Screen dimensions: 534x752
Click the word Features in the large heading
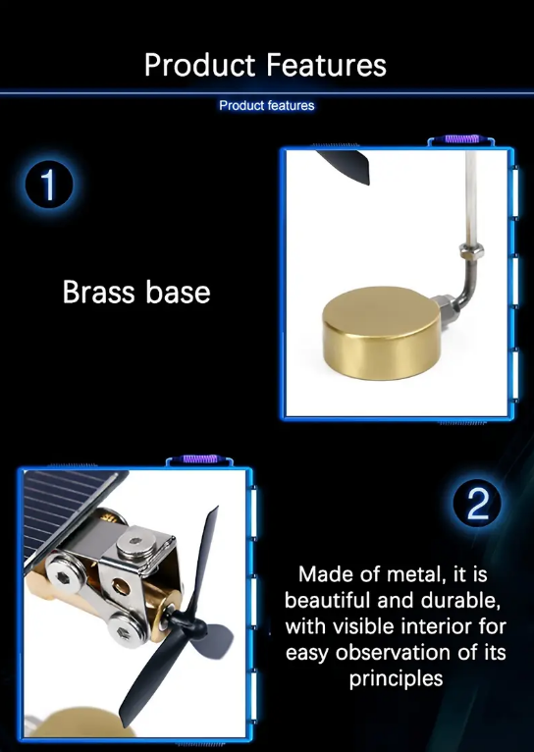(x=326, y=65)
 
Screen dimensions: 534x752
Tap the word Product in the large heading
(x=200, y=65)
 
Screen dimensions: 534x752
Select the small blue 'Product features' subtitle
(x=267, y=105)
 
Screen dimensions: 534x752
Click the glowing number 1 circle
(x=49, y=185)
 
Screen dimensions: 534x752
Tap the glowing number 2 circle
(x=477, y=503)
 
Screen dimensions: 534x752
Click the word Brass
(x=99, y=292)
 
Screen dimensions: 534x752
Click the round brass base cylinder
(x=382, y=333)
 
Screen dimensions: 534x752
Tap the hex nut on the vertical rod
(x=471, y=250)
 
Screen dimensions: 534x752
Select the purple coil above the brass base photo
(x=461, y=139)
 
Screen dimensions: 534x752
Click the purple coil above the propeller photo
(x=200, y=459)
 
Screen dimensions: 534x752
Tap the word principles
(x=396, y=679)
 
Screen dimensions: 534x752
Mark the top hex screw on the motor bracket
(x=135, y=541)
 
